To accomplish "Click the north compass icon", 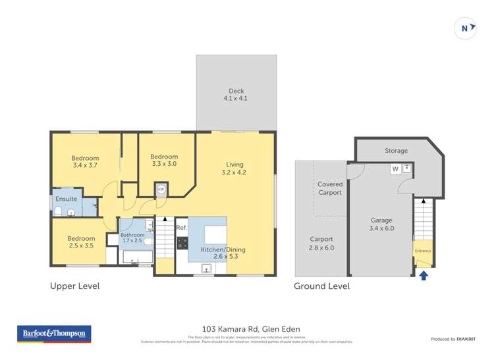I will coord(465,28).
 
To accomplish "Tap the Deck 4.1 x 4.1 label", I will coord(236,95).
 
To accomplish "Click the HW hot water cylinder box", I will coord(161,190).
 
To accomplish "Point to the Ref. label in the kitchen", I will coord(182,228).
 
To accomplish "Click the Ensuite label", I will coord(67,199).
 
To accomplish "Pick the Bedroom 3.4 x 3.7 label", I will coord(85,162).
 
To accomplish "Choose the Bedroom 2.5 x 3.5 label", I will coord(81,243).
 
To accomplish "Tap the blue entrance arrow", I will coord(424,276).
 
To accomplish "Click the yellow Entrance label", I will coord(423,251).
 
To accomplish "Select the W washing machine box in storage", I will coord(395,169).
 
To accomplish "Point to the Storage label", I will coord(396,151).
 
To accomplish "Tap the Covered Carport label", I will coord(329,188).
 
